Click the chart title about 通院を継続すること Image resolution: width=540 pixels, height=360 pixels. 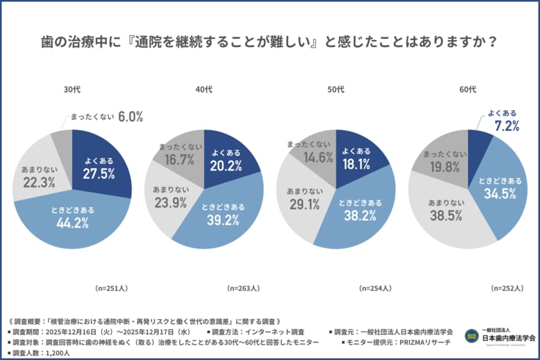pos(270,42)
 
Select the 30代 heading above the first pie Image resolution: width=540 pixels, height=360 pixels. pos(72,89)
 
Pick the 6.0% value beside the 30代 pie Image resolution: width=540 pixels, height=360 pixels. pos(129,117)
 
